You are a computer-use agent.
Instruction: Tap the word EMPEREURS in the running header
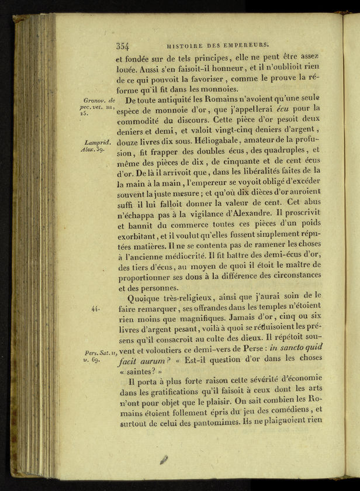pyautogui.click(x=243, y=44)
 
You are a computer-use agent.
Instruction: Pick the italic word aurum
pyautogui.click(x=158, y=361)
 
